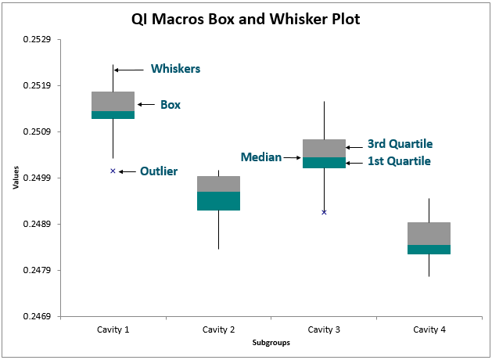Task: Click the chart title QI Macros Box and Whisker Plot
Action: [246, 20]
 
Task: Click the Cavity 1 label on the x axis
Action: [113, 330]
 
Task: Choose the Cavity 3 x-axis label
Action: [324, 330]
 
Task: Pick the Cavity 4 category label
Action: [429, 330]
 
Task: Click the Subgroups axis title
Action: [271, 344]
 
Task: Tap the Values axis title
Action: [16, 178]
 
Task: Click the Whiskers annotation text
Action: [175, 69]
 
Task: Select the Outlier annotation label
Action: [159, 171]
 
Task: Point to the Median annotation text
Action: [260, 157]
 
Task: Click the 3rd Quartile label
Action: [400, 144]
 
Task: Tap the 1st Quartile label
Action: [400, 162]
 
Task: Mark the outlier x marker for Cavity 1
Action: [113, 171]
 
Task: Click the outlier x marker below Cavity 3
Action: [324, 212]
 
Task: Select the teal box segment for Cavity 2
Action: [218, 201]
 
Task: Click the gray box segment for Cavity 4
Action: [429, 233]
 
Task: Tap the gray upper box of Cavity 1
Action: [113, 101]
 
